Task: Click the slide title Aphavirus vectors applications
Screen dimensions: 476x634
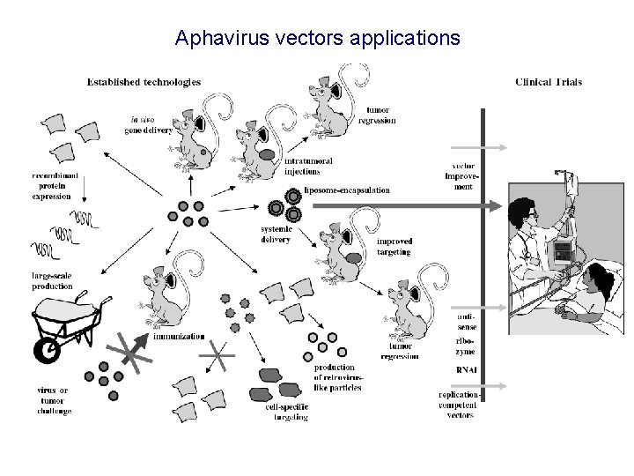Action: point(317,38)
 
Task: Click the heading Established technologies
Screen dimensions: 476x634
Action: point(144,82)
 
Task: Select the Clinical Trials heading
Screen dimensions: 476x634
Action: point(548,83)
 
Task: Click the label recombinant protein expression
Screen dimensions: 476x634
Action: point(55,187)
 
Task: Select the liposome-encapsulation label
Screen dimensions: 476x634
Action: point(346,190)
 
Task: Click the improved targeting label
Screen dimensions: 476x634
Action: point(394,246)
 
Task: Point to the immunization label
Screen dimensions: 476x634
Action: point(179,336)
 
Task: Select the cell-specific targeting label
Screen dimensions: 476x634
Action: point(286,412)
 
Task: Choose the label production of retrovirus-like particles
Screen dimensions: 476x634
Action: point(334,377)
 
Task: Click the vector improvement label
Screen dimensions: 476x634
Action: point(463,176)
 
